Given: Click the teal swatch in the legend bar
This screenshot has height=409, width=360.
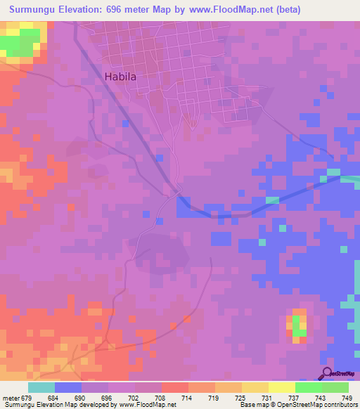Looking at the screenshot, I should (41, 388).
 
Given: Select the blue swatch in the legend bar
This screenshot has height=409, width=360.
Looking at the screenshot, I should (68, 388).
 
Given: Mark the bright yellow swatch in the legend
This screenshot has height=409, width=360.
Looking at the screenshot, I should (282, 388).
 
